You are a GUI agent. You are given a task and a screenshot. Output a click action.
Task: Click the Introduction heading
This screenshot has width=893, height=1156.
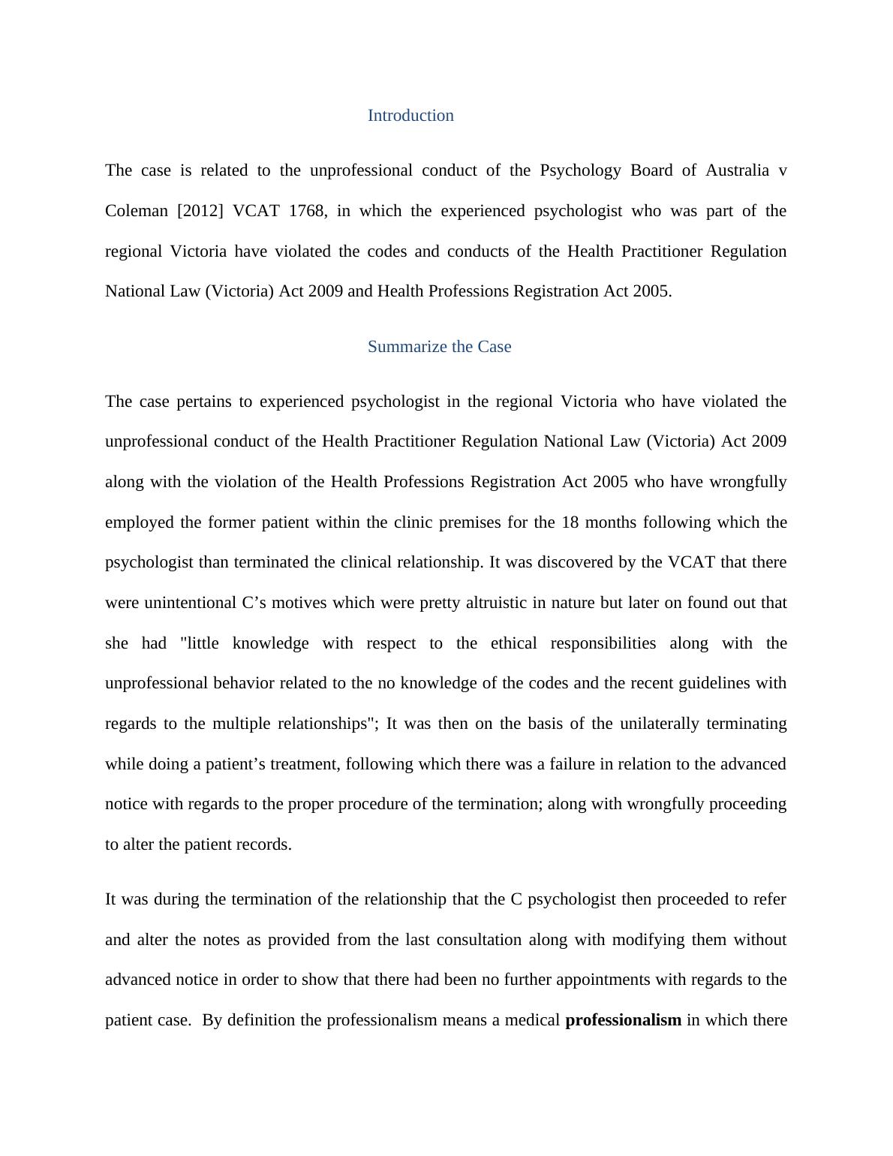pyautogui.click(x=410, y=116)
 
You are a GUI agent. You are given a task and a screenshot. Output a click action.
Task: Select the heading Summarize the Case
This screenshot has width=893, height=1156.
pyautogui.click(x=439, y=347)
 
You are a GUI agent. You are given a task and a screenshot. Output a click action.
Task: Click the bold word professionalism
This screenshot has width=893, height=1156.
pyautogui.click(x=623, y=1020)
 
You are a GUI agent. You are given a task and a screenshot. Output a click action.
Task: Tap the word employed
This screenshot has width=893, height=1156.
pyautogui.click(x=140, y=522)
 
